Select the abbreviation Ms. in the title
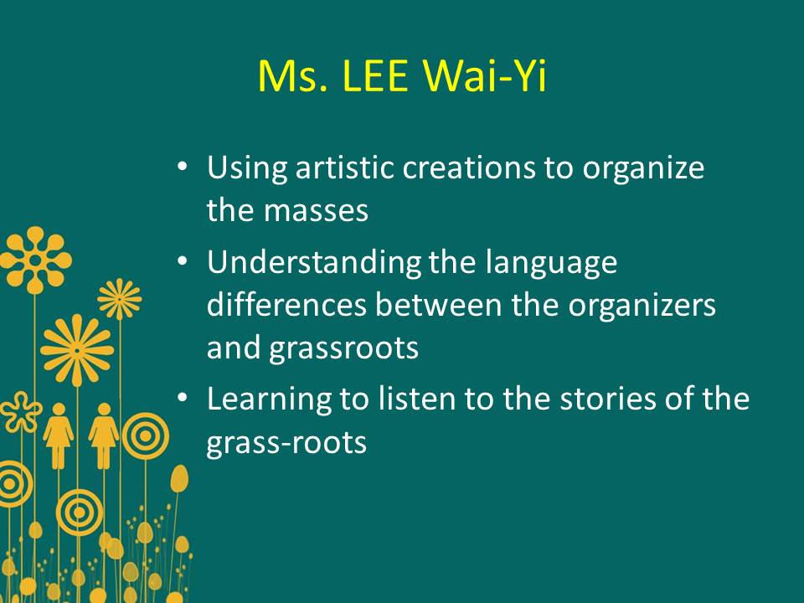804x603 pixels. [293, 76]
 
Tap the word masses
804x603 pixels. [316, 210]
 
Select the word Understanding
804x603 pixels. [313, 262]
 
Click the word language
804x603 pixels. [551, 264]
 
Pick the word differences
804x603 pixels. [286, 305]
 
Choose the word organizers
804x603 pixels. [642, 306]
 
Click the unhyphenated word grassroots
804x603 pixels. [343, 349]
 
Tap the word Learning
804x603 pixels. [270, 399]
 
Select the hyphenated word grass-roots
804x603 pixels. [286, 443]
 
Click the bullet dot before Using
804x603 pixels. [183, 167]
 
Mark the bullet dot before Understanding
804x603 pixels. [183, 261]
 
